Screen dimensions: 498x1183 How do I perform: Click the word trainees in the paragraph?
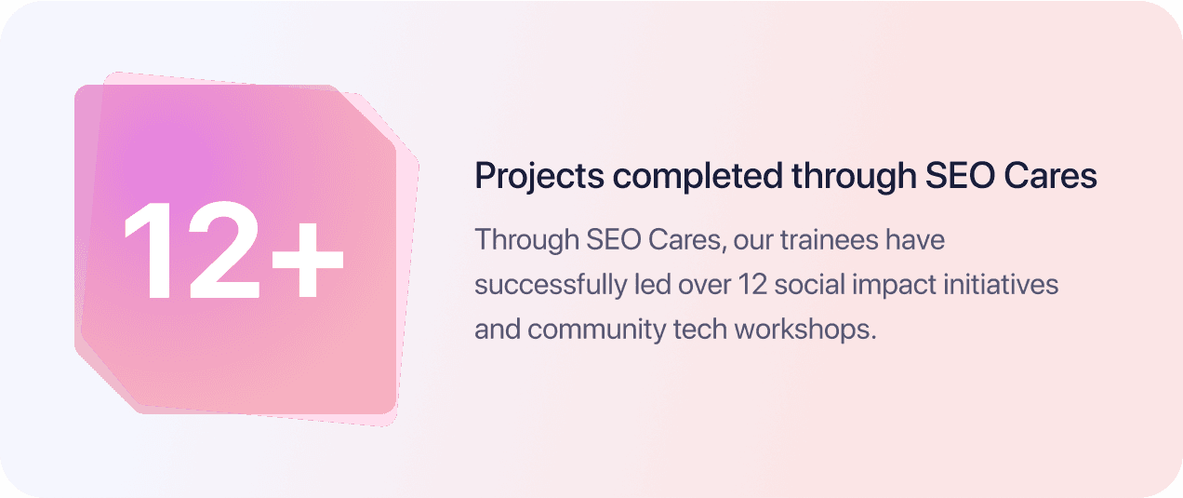[822, 239]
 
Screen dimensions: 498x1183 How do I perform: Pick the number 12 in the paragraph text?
[751, 284]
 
